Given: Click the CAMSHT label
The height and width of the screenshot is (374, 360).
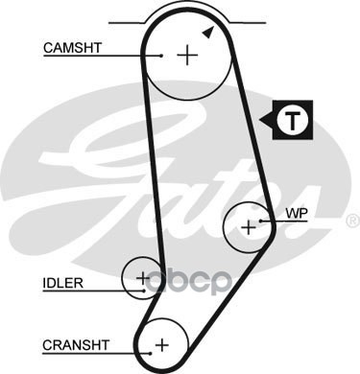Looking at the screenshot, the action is pos(72,48).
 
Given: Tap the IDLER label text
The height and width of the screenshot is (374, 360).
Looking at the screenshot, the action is pos(62,283).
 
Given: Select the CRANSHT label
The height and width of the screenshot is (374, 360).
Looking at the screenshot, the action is pos(76,345).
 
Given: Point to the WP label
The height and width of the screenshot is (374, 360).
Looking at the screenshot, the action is pos(297,214).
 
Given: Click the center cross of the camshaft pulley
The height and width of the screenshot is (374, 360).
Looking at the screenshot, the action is pos(187,56).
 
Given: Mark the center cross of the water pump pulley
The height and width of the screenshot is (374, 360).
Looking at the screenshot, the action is pos(249,228).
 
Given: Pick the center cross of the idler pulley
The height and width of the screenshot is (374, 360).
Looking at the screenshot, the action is pos(143,278).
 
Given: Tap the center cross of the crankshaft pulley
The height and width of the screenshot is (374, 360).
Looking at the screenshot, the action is pos(162,345).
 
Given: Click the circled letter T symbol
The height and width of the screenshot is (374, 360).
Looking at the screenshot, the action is pos(293,120).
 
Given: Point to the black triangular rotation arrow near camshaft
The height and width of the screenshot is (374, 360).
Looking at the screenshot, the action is pos(208,33).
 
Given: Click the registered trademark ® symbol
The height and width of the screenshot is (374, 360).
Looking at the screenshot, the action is pos(353,222).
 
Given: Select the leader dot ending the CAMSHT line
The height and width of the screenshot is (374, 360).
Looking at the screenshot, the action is pos(161,56).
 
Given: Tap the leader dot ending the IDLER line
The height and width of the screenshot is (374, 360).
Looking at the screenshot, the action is pos(144,291).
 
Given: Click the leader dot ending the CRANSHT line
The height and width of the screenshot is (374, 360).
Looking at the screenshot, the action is pos(150,353).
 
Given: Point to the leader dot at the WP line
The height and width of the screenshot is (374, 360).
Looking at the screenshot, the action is pos(261,221).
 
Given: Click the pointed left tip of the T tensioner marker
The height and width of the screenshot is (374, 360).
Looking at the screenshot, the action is pos(260,121).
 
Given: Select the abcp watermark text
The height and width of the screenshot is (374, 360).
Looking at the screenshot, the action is pos(189,282).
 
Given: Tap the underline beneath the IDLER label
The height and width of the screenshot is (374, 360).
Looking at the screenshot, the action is pos(93,291).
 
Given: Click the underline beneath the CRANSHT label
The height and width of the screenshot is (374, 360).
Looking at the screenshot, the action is pos(96,353).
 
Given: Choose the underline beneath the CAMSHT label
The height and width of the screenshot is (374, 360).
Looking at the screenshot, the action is pos(103,56).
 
